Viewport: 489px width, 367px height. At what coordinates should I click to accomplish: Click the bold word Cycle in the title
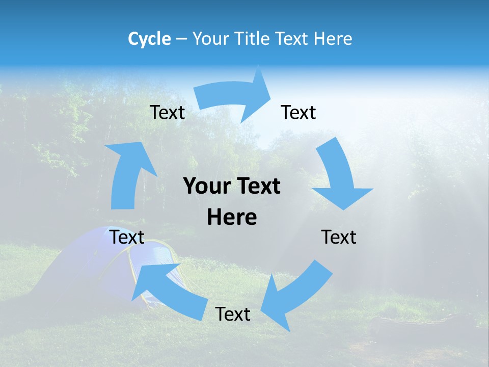pyautogui.click(x=149, y=39)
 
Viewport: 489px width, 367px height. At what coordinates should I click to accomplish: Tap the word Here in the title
pyautogui.click(x=333, y=39)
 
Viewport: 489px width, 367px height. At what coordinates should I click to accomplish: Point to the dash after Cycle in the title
pyautogui.click(x=181, y=39)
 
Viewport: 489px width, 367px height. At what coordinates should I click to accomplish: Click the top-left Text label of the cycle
pyautogui.click(x=167, y=112)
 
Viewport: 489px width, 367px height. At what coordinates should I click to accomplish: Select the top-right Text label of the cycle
pyautogui.click(x=298, y=112)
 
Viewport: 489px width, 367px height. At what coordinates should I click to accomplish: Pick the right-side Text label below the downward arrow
pyautogui.click(x=339, y=237)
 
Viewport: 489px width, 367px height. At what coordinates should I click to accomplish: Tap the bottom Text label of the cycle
pyautogui.click(x=233, y=314)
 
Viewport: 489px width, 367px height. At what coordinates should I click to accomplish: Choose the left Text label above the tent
pyautogui.click(x=127, y=237)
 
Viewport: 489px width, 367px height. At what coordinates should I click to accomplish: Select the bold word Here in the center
pyautogui.click(x=232, y=217)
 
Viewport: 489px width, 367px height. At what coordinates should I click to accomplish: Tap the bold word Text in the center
pyautogui.click(x=256, y=187)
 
